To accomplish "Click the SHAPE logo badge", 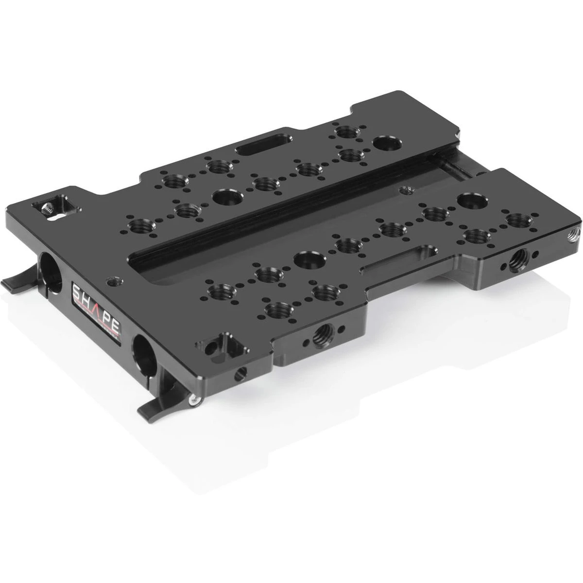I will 97,311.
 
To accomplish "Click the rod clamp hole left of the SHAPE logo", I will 50,268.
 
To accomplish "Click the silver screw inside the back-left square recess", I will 48,209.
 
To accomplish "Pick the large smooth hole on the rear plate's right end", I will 387,144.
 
